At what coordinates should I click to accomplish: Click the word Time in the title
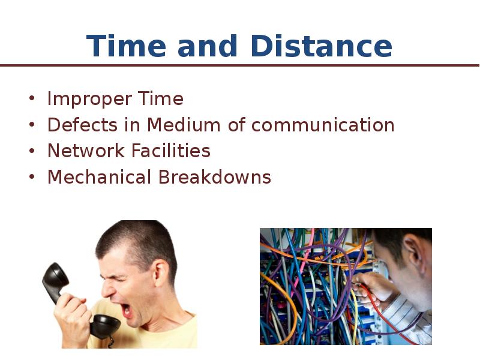pyautogui.click(x=126, y=46)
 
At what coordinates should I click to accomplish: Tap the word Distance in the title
pyautogui.click(x=322, y=46)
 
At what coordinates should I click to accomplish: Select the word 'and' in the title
pyautogui.click(x=208, y=46)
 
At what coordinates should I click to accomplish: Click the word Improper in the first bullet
pyautogui.click(x=89, y=100)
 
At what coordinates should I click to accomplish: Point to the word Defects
pyautogui.click(x=82, y=125)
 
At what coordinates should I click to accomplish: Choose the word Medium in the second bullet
pyautogui.click(x=184, y=125)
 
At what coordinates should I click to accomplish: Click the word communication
pyautogui.click(x=323, y=125)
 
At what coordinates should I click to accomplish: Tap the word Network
pyautogui.click(x=86, y=151)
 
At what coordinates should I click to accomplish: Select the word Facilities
pyautogui.click(x=171, y=151)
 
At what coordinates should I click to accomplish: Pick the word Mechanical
pyautogui.click(x=99, y=177)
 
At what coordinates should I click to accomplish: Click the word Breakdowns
pyautogui.click(x=215, y=177)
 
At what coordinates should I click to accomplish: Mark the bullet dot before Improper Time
pyautogui.click(x=32, y=98)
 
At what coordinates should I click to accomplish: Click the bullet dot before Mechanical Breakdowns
pyautogui.click(x=32, y=176)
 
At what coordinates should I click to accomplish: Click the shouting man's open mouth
pyautogui.click(x=126, y=310)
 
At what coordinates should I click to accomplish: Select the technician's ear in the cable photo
pyautogui.click(x=413, y=251)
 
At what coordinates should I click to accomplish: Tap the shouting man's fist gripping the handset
pyautogui.click(x=72, y=314)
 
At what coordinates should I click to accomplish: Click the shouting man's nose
pyautogui.click(x=108, y=289)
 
